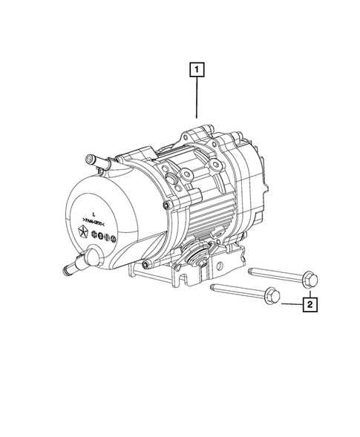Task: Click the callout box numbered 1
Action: [x=197, y=72]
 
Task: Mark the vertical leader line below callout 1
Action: [x=197, y=96]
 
